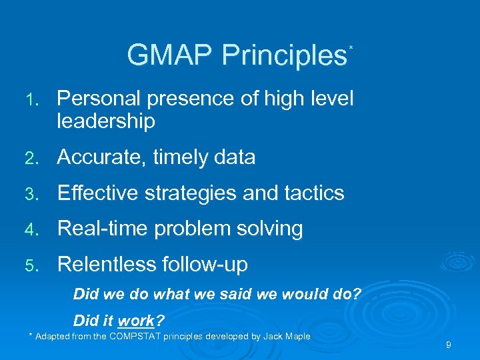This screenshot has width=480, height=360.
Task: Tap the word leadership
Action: [x=106, y=121]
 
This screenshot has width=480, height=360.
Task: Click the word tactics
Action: [x=313, y=193]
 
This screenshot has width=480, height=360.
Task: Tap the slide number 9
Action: [x=449, y=345]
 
